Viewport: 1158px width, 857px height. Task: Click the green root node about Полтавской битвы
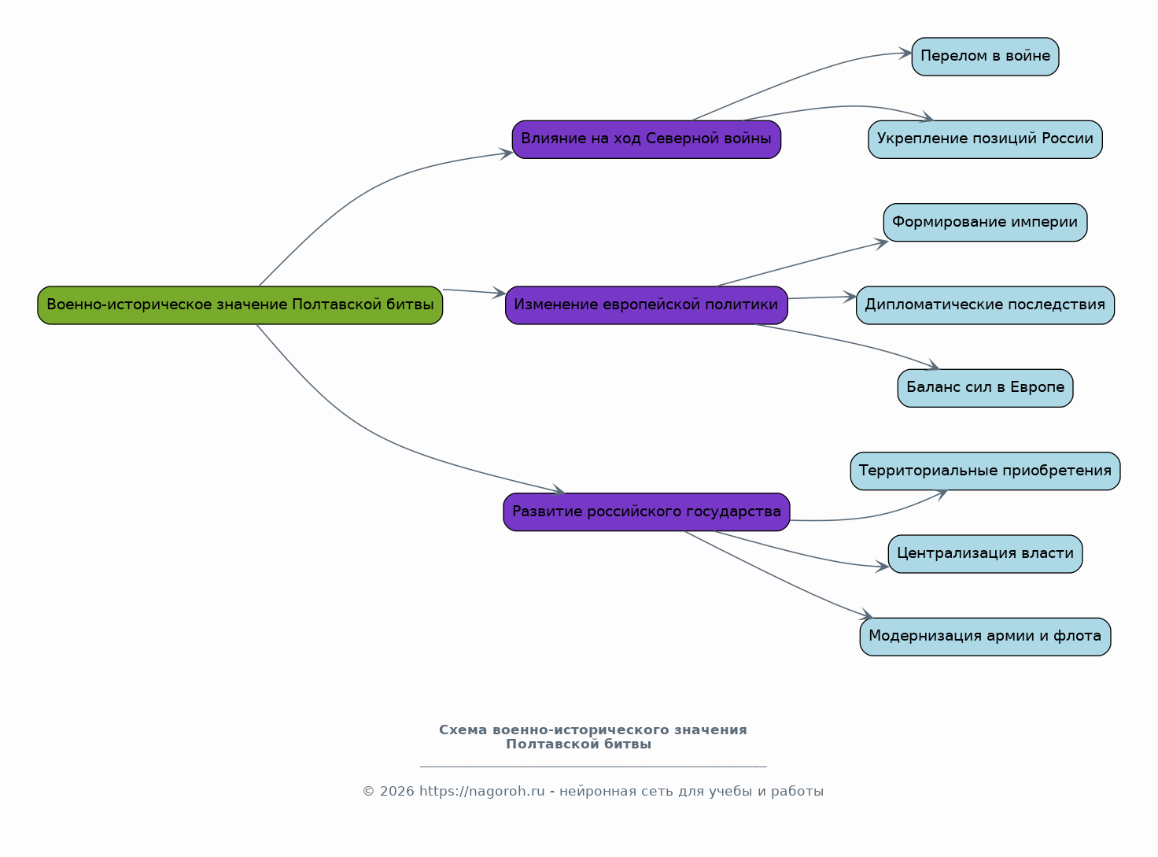240,305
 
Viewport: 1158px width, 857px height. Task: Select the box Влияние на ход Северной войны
647,139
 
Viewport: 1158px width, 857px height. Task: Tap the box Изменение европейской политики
647,305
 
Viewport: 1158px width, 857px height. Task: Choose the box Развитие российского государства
647,512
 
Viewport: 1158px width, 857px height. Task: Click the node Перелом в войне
985,57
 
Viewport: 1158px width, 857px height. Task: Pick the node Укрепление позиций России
985,139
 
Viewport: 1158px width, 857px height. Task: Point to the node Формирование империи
985,223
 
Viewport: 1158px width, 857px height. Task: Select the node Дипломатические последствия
985,305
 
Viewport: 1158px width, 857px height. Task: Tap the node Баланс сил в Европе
985,388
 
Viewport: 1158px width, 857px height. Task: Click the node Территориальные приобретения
985,471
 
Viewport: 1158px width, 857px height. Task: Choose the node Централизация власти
985,553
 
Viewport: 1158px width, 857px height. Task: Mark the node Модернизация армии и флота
985,637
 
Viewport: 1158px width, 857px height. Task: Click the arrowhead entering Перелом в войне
905,54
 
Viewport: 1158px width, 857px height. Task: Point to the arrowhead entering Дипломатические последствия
850,297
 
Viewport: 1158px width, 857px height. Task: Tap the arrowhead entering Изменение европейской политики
499,293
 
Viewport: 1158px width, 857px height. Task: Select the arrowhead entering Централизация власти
883,566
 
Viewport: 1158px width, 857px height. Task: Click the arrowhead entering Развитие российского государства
559,489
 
